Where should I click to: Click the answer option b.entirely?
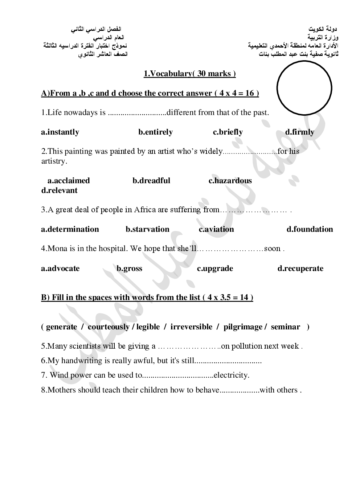click(155, 132)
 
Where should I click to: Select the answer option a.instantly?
click(60, 132)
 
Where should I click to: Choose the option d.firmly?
click(299, 132)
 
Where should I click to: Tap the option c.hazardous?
click(230, 181)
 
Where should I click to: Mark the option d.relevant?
click(59, 190)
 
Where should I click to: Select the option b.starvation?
click(147, 229)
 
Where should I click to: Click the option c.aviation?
click(216, 229)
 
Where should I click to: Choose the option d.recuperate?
click(300, 268)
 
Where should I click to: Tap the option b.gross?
click(129, 268)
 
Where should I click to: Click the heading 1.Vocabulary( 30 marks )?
click(189, 74)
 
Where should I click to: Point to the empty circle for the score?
click(304, 88)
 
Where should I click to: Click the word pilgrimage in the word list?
click(243, 327)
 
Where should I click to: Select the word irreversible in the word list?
click(191, 327)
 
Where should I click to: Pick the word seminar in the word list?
click(285, 327)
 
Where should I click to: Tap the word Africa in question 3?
click(145, 210)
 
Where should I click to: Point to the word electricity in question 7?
click(231, 375)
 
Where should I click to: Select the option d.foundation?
click(310, 229)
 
